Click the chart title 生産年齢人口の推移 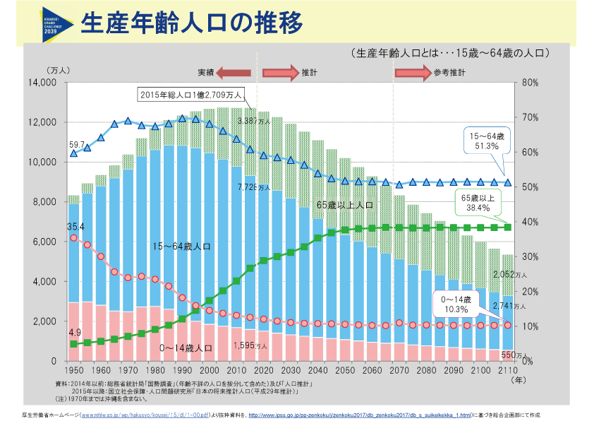(192, 23)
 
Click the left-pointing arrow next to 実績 (233, 72)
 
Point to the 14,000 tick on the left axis (42, 83)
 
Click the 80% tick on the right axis (531, 83)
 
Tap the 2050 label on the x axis (344, 372)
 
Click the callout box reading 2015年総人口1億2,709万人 (190, 94)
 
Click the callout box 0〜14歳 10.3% (457, 304)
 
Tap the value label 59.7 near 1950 (76, 144)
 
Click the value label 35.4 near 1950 (75, 227)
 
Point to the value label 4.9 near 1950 (75, 332)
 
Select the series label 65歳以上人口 (344, 205)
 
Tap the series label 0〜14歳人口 (186, 348)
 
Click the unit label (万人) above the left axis (58, 70)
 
